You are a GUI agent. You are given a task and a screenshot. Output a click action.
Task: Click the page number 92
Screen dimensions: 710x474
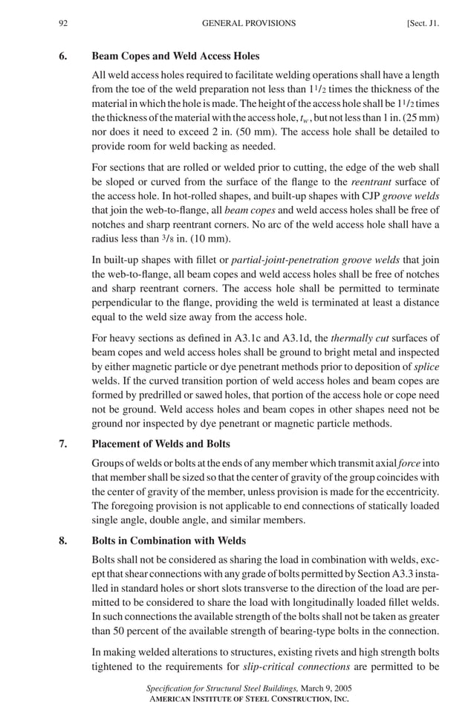[64, 23]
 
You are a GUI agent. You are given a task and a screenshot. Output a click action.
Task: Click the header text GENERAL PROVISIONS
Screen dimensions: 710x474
[248, 23]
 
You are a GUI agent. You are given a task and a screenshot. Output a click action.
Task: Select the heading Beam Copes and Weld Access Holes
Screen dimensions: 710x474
[175, 56]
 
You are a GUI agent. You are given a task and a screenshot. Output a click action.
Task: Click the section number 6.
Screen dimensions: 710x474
[64, 56]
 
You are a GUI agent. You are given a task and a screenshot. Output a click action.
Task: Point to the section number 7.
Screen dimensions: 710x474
[64, 445]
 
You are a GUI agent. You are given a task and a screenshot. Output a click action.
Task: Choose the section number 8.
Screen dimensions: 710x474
[64, 539]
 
